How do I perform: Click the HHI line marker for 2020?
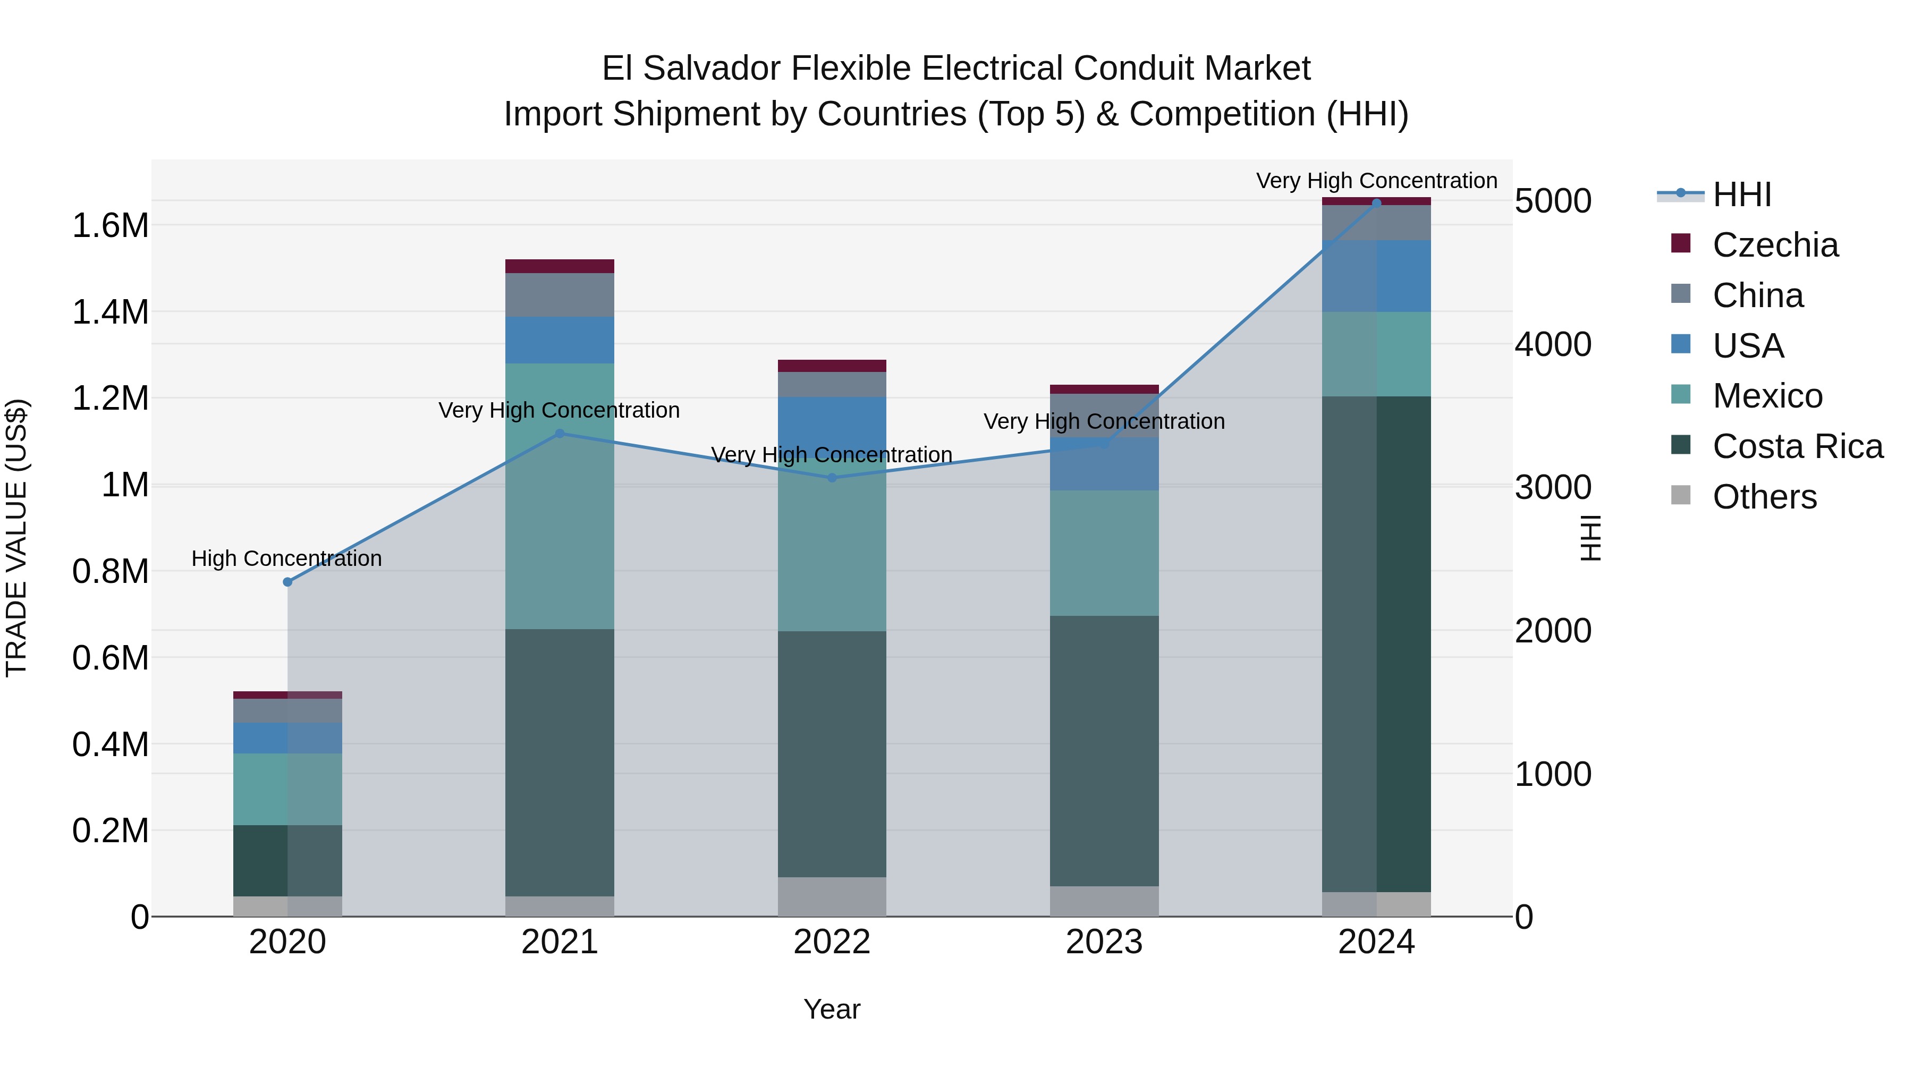(x=287, y=582)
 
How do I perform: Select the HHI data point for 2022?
(x=832, y=478)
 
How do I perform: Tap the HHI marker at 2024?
(x=1376, y=204)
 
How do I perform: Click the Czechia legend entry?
(x=1774, y=245)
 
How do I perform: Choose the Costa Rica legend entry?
(x=1797, y=446)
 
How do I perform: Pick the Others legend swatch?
(x=1681, y=495)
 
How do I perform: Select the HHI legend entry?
(x=1741, y=194)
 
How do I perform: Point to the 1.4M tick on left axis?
(x=110, y=312)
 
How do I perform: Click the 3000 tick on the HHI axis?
(x=1553, y=488)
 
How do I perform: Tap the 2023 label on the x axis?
(x=1104, y=942)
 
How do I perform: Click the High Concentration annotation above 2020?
(x=286, y=558)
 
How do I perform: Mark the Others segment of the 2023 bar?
(x=1104, y=901)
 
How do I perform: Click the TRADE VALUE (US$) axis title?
(x=17, y=538)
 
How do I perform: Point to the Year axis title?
(x=832, y=1009)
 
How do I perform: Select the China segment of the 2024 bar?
(x=1376, y=223)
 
